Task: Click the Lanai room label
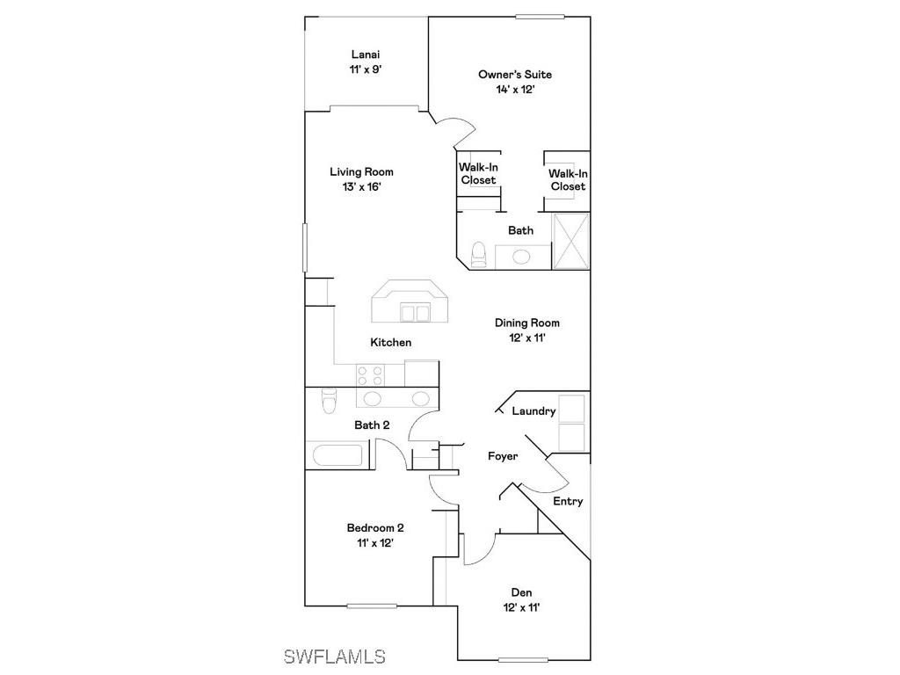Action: coord(365,54)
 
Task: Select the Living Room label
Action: coord(361,172)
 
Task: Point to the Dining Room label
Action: coord(526,323)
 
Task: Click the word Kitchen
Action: coord(390,342)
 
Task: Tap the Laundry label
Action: coord(533,410)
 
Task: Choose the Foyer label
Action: coord(503,456)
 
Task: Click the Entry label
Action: coord(568,501)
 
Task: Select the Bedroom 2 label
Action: coord(375,527)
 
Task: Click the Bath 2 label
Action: coord(372,425)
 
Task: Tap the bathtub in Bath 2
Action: coord(338,456)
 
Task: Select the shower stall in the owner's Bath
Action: coord(570,240)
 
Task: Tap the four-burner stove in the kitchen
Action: coord(370,375)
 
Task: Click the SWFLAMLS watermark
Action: coord(334,656)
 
